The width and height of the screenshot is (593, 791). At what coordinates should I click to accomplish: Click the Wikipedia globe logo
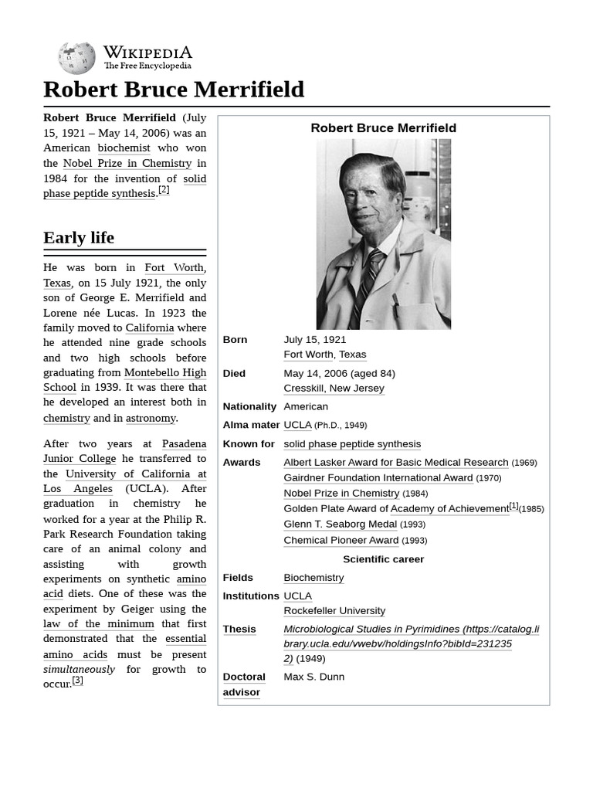[x=76, y=58]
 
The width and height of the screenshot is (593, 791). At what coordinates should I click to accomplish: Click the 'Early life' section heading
[x=79, y=237]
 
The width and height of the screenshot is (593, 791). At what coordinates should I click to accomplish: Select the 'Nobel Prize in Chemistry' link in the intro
[x=127, y=163]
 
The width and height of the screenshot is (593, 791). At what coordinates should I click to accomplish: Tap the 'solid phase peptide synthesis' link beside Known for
[x=352, y=444]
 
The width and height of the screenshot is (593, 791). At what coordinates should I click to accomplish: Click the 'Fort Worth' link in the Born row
[x=308, y=355]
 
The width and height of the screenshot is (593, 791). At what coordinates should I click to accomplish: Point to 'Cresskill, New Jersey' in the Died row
[x=334, y=389]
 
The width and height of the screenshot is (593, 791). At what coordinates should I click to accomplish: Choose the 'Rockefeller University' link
[x=334, y=611]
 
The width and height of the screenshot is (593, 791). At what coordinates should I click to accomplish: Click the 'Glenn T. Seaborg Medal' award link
[x=340, y=525]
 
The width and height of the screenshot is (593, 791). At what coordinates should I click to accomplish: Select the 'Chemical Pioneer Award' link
[x=341, y=541]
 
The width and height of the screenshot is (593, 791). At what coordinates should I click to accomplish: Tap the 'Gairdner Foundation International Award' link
[x=378, y=478]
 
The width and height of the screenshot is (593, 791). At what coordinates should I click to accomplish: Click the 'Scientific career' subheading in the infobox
[x=383, y=559]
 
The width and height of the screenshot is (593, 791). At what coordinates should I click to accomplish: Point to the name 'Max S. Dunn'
[x=314, y=677]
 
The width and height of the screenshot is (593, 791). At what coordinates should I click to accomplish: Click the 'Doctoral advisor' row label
[x=243, y=684]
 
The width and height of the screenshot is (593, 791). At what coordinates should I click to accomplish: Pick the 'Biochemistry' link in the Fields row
[x=313, y=578]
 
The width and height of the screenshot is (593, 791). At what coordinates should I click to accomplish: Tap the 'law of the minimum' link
[x=98, y=623]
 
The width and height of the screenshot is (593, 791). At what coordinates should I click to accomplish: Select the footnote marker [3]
[x=77, y=681]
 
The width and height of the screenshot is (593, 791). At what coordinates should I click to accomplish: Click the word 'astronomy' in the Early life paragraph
[x=151, y=418]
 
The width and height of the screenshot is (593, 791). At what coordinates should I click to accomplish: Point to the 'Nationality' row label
[x=249, y=406]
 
